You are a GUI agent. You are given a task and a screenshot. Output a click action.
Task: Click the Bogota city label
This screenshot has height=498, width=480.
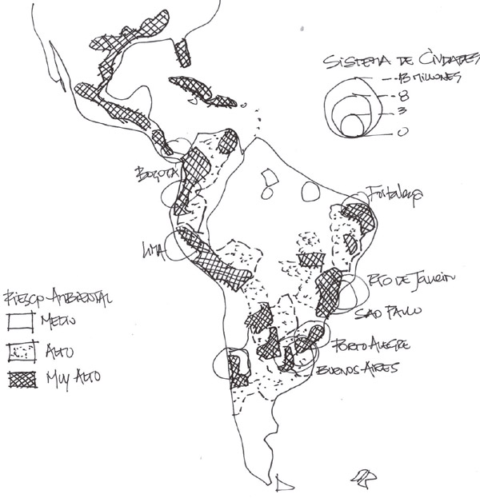(155, 173)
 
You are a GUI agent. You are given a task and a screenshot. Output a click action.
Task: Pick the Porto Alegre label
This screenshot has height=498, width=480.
(373, 345)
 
